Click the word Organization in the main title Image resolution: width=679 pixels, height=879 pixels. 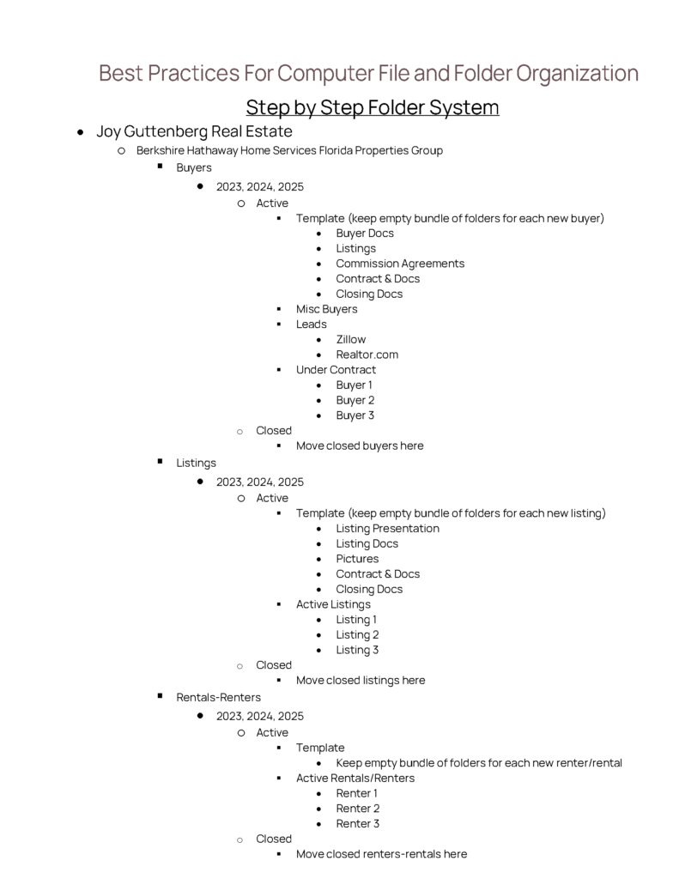point(577,74)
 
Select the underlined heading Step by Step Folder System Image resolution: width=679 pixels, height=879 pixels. point(372,108)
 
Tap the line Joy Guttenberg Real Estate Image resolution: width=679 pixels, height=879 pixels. point(194,131)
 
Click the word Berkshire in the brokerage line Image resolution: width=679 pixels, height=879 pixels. point(162,150)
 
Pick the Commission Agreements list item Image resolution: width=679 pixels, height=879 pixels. point(400,264)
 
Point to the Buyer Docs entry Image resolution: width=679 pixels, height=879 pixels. point(365,233)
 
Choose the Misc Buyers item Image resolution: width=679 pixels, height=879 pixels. point(326,309)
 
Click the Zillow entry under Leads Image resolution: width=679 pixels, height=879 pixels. point(350,339)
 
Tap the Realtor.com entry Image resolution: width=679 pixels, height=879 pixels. point(367,355)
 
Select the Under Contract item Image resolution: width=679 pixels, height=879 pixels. point(336,370)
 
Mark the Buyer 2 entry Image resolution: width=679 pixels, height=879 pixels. point(355,400)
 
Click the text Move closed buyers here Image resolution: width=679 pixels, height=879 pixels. point(360,446)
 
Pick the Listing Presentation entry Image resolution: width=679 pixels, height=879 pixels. point(387,529)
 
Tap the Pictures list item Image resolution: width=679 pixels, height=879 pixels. point(357,559)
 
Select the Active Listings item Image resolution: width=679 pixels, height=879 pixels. point(333,604)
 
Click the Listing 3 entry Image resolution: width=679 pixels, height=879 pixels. point(357,650)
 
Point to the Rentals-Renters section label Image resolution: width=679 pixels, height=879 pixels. point(218,697)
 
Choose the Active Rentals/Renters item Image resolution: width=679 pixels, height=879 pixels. point(355,779)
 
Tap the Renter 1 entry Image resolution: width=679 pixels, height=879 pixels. point(356,793)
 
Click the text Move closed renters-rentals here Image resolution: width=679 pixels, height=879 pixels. point(381,854)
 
